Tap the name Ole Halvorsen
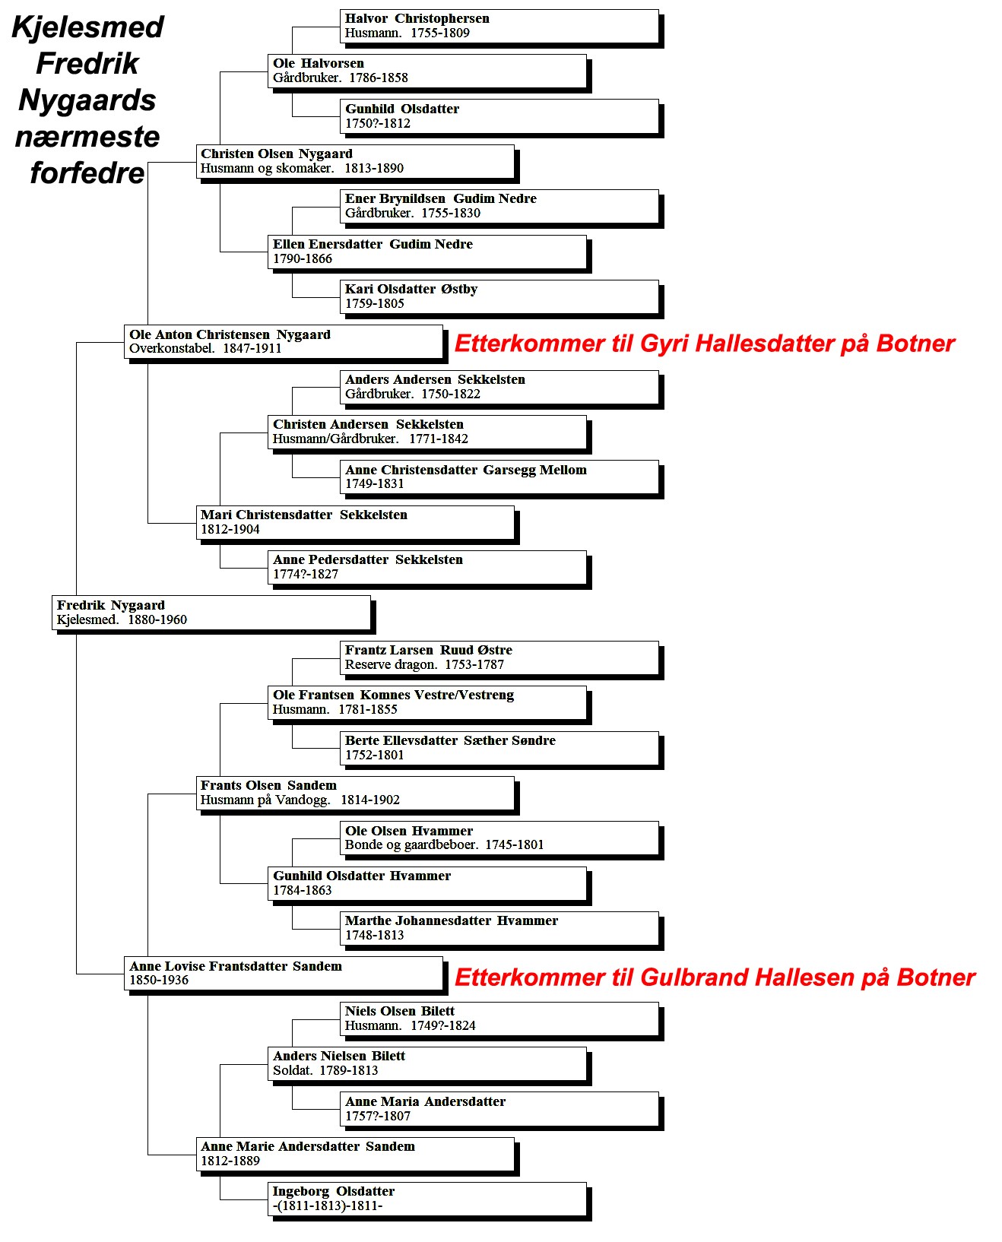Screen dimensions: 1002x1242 click(x=318, y=64)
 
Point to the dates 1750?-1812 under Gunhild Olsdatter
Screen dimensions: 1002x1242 click(x=378, y=123)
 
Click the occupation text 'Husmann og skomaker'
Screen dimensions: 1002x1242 click(x=267, y=169)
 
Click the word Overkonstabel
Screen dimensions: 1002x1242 click(x=171, y=349)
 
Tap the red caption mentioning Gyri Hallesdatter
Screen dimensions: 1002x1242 click(x=704, y=344)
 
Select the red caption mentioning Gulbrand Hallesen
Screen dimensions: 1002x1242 click(x=715, y=977)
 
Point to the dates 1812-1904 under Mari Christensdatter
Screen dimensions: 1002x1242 click(x=230, y=529)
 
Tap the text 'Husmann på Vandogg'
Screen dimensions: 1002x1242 click(x=265, y=800)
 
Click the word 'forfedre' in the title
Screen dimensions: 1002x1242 click(x=87, y=173)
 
